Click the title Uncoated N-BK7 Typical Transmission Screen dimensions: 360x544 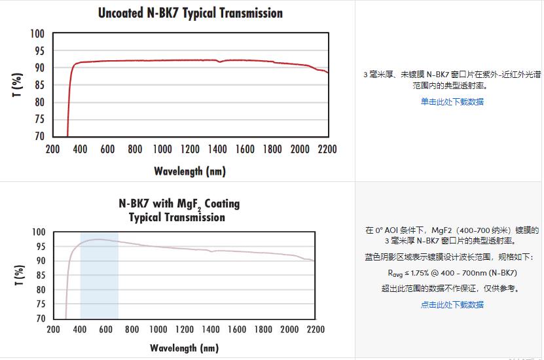[x=190, y=13]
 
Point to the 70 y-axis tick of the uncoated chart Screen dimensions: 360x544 [x=39, y=136]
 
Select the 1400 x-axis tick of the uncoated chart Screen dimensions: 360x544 [x=217, y=149]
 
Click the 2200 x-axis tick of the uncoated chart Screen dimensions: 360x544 [x=327, y=149]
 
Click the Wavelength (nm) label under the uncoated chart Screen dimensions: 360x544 [x=190, y=171]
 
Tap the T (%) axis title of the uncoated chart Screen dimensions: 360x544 [x=16, y=85]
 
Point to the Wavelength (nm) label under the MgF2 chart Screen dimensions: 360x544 [x=184, y=348]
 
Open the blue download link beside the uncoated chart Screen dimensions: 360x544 [x=452, y=101]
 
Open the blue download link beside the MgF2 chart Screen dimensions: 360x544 [x=452, y=304]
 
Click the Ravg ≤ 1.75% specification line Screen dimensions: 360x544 [x=452, y=272]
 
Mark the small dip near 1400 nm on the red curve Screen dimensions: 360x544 [x=220, y=62]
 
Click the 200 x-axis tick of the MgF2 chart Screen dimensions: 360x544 [x=54, y=329]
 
